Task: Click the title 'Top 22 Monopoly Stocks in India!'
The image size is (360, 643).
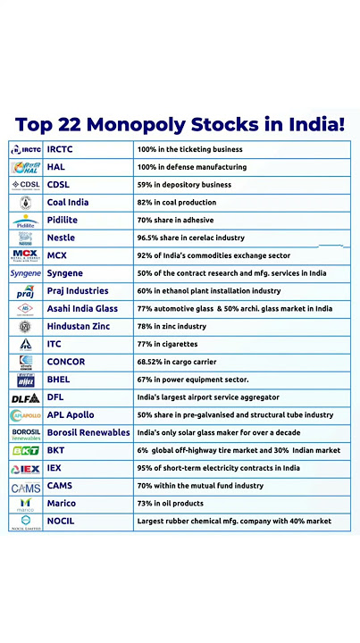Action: (180, 123)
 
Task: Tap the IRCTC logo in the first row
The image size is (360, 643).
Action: (25, 149)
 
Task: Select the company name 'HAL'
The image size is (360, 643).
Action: (54, 167)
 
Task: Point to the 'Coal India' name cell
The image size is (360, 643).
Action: (68, 203)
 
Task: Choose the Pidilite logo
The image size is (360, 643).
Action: (25, 220)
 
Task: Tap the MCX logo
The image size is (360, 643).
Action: (25, 255)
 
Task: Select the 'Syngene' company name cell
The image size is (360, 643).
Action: (65, 273)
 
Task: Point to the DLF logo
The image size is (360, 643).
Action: (25, 397)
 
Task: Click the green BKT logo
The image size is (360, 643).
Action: (25, 450)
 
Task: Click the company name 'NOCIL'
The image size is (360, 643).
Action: (61, 521)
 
